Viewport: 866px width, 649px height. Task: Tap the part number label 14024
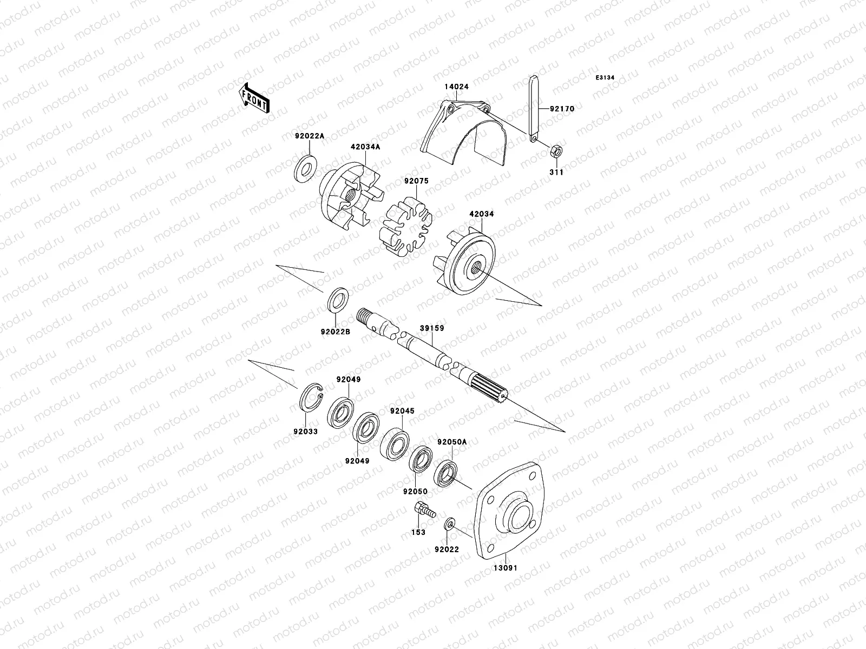coord(457,87)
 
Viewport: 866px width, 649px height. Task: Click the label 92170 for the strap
coord(562,109)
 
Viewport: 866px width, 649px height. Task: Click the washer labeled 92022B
coord(338,301)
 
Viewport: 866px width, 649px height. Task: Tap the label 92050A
coord(451,442)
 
